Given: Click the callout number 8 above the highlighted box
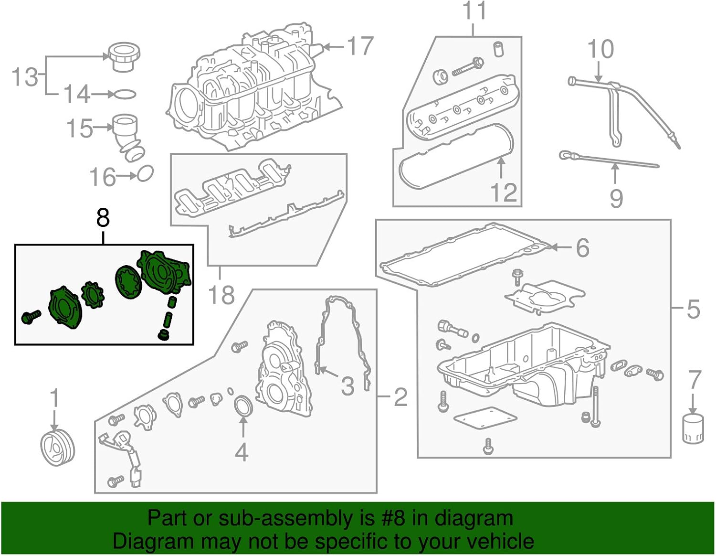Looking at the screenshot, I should click(x=103, y=218).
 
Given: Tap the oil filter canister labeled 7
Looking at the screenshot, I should click(x=693, y=429).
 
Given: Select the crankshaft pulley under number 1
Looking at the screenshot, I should click(x=58, y=448).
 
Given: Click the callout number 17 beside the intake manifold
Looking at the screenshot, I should click(x=360, y=46).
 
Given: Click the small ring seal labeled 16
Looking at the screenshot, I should click(x=146, y=174).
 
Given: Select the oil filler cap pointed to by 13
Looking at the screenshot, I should click(x=124, y=57).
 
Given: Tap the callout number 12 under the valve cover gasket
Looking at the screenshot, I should click(x=504, y=192).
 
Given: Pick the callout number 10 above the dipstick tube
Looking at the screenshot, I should click(x=600, y=50).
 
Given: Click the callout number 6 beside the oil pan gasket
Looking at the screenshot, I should click(x=582, y=247).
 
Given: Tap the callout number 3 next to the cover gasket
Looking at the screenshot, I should click(x=347, y=386).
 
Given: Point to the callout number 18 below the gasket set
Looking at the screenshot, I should click(x=221, y=295).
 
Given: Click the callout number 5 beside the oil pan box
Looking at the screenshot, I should click(x=693, y=310).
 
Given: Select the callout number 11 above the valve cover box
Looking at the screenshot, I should click(x=474, y=11).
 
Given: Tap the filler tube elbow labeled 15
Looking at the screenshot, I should click(x=128, y=136).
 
